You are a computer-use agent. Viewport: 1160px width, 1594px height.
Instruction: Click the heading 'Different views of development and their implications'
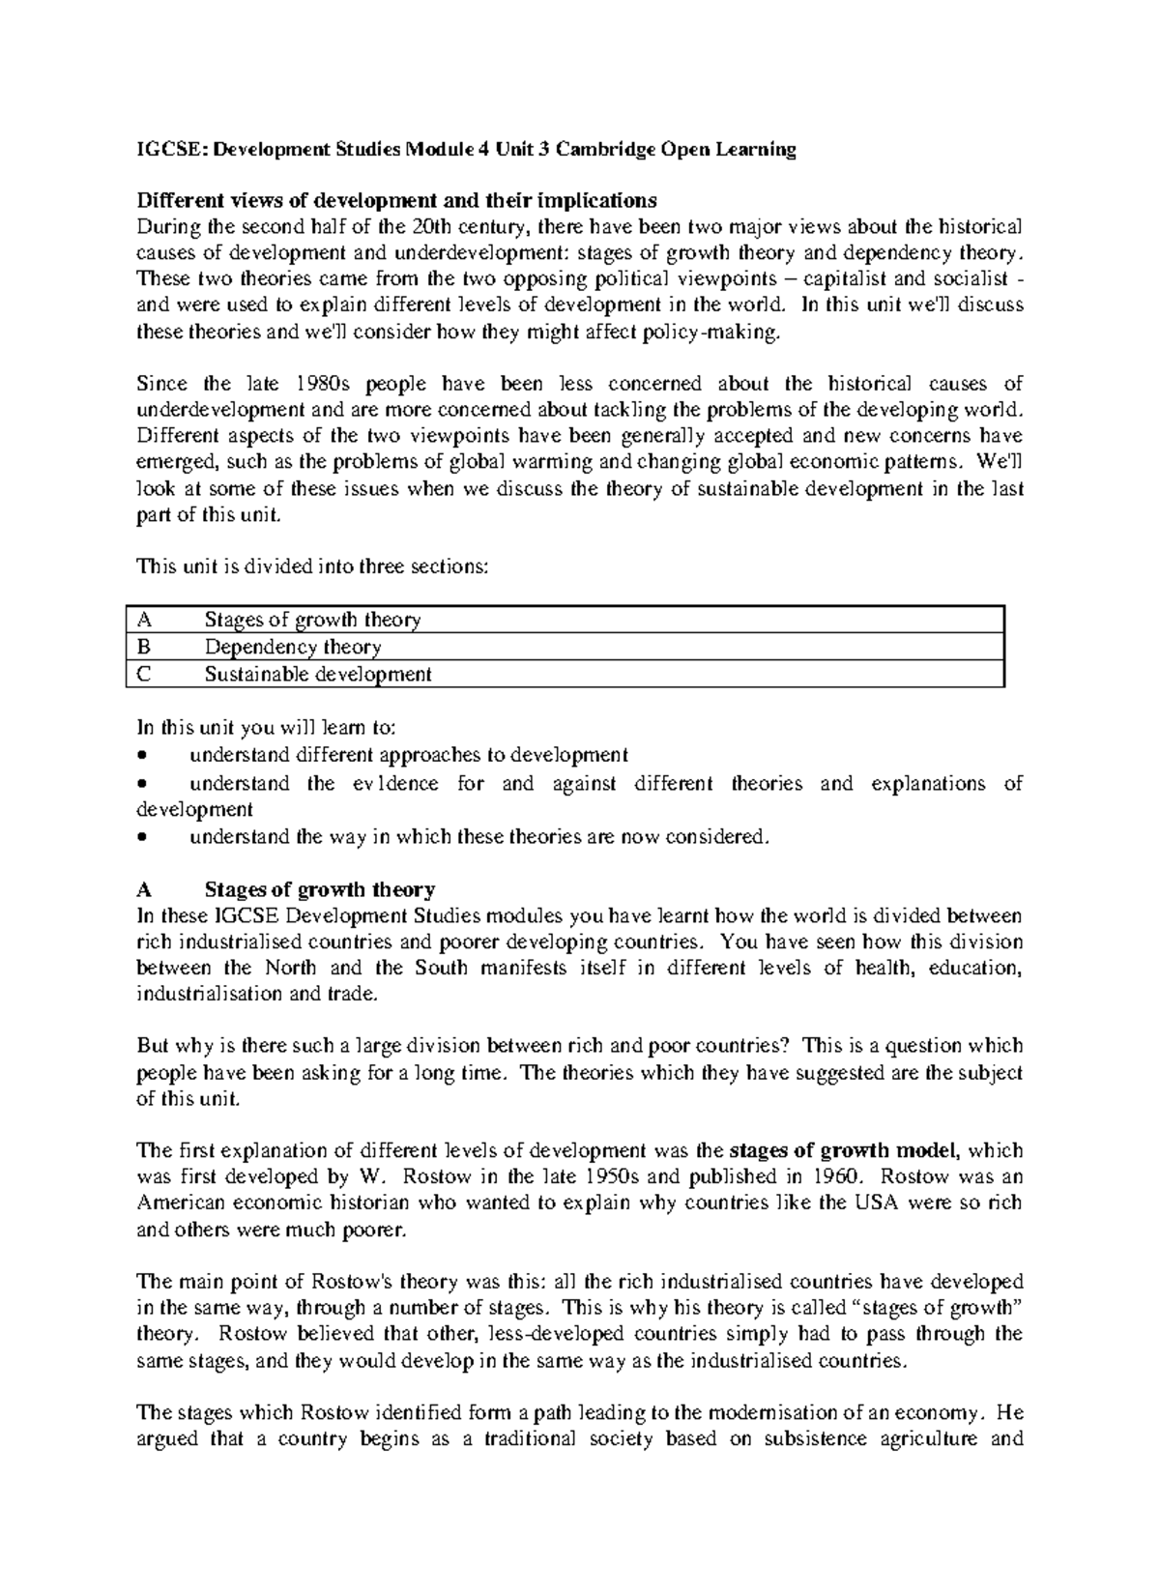point(396,201)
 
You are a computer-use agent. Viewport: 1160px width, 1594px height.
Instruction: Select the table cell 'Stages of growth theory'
point(311,620)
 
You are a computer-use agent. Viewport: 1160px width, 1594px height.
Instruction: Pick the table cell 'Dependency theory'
point(292,647)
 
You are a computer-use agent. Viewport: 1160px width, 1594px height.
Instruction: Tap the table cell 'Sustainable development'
point(317,674)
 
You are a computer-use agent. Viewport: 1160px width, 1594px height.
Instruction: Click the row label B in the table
point(143,647)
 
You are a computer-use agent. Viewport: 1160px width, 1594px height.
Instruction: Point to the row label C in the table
point(143,674)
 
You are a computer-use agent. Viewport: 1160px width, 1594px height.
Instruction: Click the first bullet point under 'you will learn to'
point(144,755)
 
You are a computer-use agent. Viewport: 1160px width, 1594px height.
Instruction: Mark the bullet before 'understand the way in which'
point(144,837)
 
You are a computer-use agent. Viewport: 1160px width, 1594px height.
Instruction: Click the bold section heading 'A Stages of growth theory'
point(286,889)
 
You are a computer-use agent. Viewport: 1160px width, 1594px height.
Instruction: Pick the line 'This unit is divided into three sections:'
point(313,567)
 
